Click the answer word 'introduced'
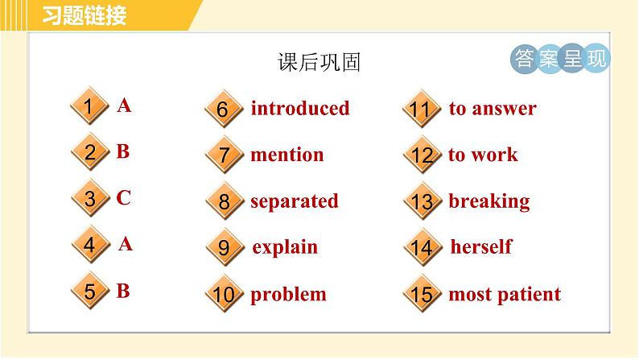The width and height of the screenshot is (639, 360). click(x=299, y=109)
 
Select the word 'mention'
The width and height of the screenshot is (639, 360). click(x=287, y=155)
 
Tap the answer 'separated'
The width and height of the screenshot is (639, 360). click(x=294, y=201)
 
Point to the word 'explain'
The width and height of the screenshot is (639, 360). click(x=285, y=247)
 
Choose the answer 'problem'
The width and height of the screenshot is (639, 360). click(x=288, y=294)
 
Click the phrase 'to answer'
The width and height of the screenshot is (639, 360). click(x=492, y=109)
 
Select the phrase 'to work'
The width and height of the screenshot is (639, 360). click(x=483, y=155)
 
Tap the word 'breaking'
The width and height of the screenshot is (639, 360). click(x=489, y=201)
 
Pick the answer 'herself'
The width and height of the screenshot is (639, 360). click(x=480, y=247)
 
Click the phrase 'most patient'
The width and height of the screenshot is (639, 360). click(x=504, y=294)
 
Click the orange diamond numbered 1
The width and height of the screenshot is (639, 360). click(x=89, y=107)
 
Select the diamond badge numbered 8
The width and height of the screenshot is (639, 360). click(x=224, y=202)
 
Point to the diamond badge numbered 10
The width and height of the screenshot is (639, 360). click(x=224, y=295)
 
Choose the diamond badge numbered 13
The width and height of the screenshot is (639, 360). click(x=422, y=202)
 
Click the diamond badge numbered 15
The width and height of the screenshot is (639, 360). click(x=422, y=295)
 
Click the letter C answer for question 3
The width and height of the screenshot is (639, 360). click(x=123, y=198)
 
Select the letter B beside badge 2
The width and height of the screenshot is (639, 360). click(x=122, y=151)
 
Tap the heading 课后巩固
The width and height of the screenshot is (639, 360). click(x=318, y=64)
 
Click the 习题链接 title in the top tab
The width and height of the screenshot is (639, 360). click(x=85, y=14)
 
